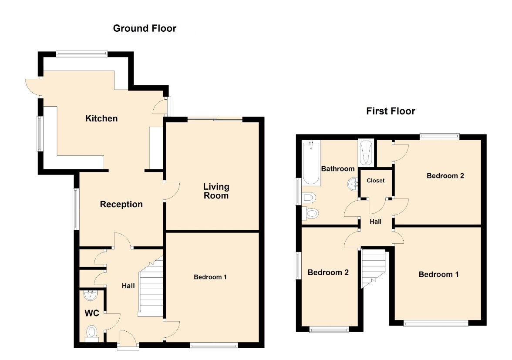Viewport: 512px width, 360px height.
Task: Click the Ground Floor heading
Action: [145, 28]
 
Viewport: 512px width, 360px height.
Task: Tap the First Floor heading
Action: [391, 111]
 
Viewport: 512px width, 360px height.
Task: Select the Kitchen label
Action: [101, 118]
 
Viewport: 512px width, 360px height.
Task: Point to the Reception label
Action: [121, 205]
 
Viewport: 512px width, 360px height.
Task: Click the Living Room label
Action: [216, 191]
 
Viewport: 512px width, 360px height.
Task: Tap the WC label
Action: [92, 313]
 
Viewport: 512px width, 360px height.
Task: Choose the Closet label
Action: [375, 181]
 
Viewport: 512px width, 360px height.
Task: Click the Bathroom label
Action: [338, 169]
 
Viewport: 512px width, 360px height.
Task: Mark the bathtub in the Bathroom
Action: [311, 163]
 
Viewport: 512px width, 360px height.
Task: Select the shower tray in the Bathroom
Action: [366, 153]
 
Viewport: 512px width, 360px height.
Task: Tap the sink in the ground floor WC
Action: [91, 296]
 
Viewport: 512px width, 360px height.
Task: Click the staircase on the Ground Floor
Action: [151, 287]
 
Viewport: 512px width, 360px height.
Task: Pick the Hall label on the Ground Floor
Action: [128, 286]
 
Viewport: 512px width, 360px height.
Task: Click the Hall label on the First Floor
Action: [375, 222]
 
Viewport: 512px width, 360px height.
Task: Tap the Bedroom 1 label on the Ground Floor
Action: [210, 277]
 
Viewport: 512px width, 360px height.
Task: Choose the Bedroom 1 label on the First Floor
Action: [438, 275]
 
